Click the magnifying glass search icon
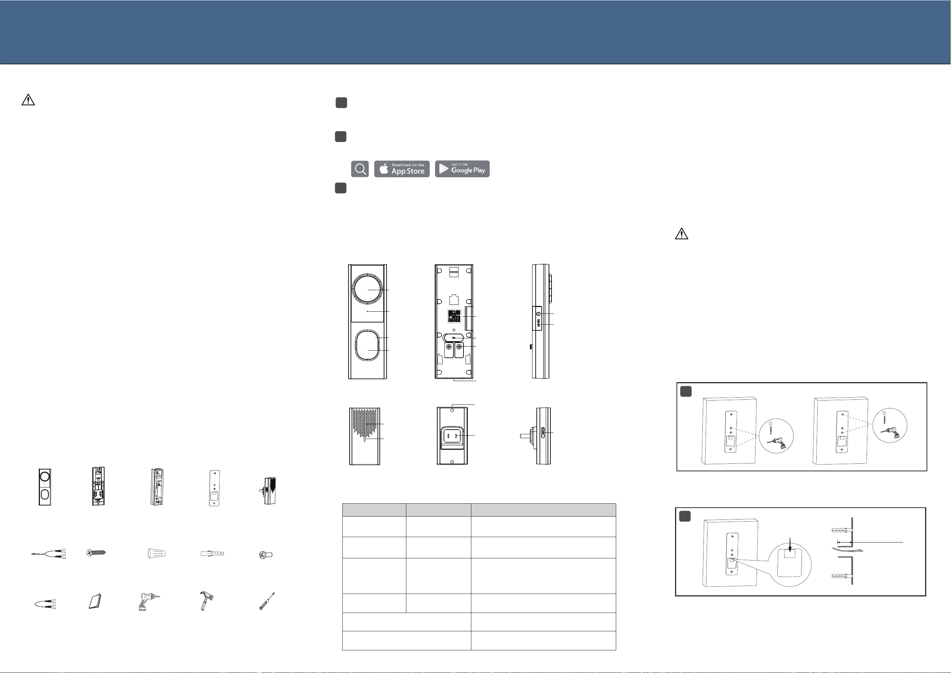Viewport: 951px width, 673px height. pos(360,169)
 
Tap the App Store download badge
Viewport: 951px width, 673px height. pos(402,169)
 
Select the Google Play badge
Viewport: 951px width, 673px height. pos(462,169)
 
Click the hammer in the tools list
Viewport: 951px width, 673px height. pos(206,601)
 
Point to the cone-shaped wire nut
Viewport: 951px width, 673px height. pos(157,553)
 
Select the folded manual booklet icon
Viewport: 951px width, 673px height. pos(95,602)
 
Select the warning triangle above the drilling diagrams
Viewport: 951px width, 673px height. pos(681,234)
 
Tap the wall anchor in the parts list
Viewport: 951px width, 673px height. pos(212,553)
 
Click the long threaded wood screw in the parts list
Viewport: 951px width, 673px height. pos(96,553)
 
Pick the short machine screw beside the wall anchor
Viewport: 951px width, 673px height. pos(266,554)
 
